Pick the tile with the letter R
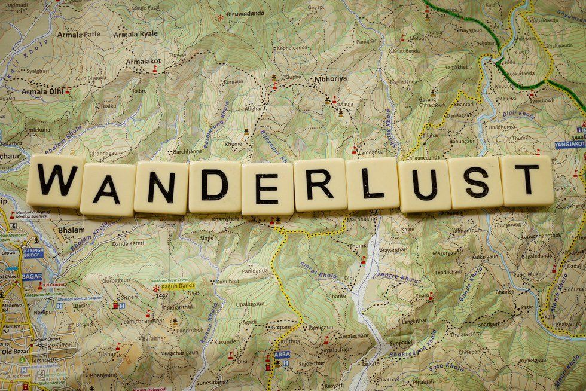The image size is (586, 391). click(x=321, y=185)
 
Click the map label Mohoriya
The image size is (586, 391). click(x=331, y=78)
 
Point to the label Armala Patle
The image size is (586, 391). click(x=78, y=35)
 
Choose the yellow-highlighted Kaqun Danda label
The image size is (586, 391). click(x=178, y=286)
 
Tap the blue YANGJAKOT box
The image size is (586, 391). click(x=569, y=145)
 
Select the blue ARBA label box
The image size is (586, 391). click(x=282, y=354)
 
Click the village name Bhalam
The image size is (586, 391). click(x=67, y=229)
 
